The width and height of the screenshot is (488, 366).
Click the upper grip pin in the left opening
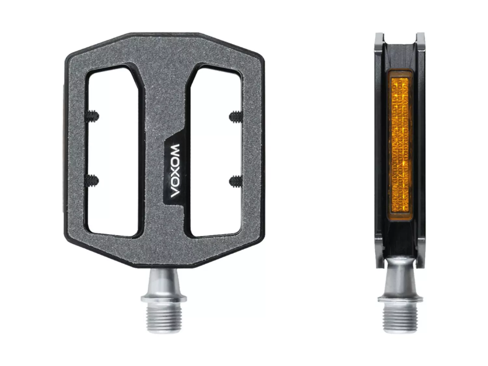click(x=92, y=116)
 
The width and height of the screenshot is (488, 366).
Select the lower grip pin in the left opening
click(x=92, y=180)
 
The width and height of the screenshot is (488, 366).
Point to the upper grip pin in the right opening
click(x=236, y=116)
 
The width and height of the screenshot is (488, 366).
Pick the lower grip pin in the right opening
click(x=236, y=181)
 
